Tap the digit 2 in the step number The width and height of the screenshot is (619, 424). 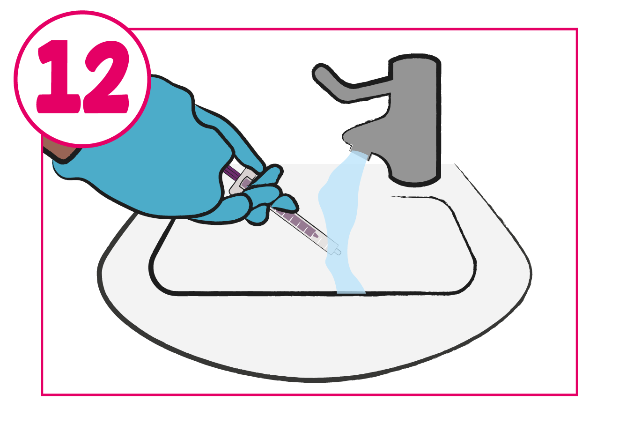pyautogui.click(x=106, y=77)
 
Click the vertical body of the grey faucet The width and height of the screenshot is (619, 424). pyautogui.click(x=414, y=119)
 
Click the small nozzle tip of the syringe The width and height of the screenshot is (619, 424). pyautogui.click(x=338, y=252)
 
